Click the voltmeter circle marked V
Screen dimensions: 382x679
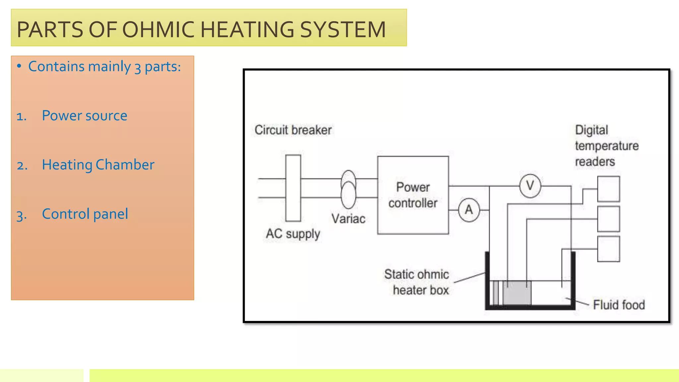tap(530, 186)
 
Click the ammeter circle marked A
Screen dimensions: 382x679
tap(469, 210)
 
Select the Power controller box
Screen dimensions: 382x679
tap(413, 195)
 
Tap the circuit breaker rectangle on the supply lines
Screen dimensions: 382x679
tap(293, 188)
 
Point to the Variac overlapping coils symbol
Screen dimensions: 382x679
tap(348, 189)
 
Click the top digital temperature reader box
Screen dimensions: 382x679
tap(608, 189)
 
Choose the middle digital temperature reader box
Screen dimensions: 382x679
tap(608, 219)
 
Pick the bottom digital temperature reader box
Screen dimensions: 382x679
tap(608, 249)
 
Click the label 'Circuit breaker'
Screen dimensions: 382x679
tap(293, 130)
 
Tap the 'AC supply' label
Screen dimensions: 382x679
tap(293, 234)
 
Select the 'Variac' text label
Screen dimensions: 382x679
tap(348, 219)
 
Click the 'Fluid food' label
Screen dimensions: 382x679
tap(619, 305)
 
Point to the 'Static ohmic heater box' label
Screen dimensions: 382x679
tap(417, 282)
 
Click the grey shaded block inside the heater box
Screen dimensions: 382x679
tap(517, 293)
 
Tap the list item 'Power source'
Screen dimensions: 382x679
tap(85, 116)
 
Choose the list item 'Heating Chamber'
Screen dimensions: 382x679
tap(98, 165)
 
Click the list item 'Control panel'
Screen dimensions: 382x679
tap(85, 214)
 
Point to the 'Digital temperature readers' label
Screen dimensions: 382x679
tap(606, 146)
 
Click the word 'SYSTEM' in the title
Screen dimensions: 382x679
tap(343, 30)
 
